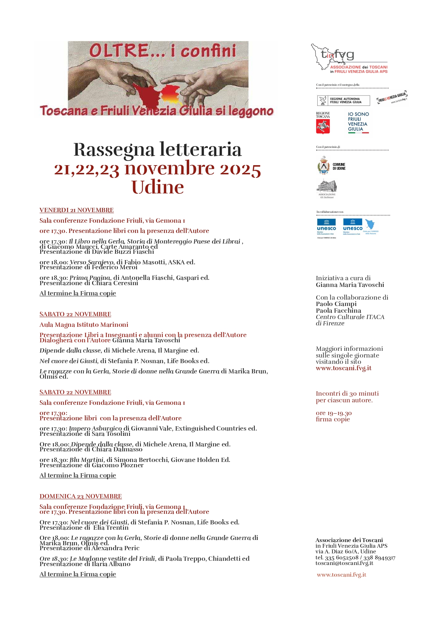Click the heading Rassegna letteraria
click(157, 149)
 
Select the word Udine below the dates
click(157, 187)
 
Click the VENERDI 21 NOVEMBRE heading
click(77, 210)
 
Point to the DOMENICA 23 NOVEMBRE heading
click(80, 497)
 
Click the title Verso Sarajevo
click(92, 262)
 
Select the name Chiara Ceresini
click(115, 283)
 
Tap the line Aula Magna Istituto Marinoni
click(84, 325)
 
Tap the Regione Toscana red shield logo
click(323, 126)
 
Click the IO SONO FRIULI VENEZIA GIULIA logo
click(358, 122)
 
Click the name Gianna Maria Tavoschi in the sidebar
click(350, 285)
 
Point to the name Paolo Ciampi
click(336, 304)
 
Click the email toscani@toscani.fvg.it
click(344, 563)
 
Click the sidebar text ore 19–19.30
click(334, 413)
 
